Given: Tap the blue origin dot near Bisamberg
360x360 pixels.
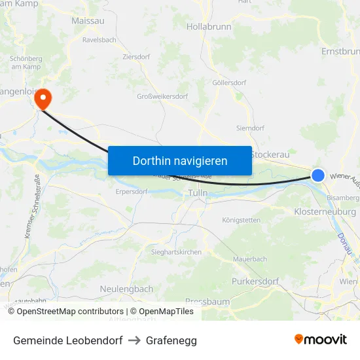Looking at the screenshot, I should (318, 175).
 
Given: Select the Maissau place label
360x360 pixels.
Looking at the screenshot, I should (87, 21).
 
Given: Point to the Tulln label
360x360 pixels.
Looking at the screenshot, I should (197, 193).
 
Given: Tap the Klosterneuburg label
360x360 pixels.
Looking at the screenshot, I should (325, 212).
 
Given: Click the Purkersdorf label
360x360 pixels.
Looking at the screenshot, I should (255, 281).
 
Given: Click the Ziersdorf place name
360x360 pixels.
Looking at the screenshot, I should (136, 57).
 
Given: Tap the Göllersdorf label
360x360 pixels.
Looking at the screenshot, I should (228, 83).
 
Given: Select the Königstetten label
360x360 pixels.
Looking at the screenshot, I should (241, 220).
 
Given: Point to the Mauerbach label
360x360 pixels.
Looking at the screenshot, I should (250, 259).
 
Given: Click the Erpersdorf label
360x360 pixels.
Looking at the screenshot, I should (132, 192).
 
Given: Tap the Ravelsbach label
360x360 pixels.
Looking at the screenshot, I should (99, 40).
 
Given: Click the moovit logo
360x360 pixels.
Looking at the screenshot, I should (321, 340).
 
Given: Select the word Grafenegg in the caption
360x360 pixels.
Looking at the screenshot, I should (171, 340).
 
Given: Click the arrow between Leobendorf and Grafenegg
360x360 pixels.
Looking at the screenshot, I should (134, 340).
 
